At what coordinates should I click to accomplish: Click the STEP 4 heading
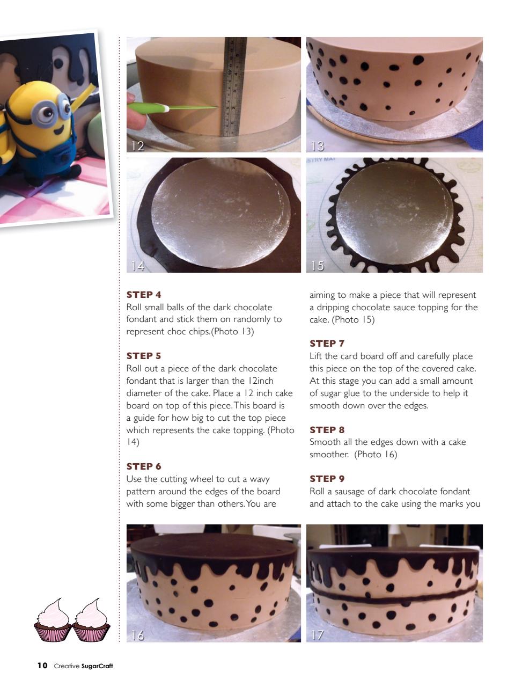[x=144, y=295]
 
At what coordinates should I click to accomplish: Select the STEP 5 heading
[x=144, y=356]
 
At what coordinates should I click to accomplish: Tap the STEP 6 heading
[x=144, y=466]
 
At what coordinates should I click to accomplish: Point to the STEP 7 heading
[x=327, y=343]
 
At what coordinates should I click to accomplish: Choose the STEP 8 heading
[x=327, y=430]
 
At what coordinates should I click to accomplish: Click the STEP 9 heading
[x=327, y=479]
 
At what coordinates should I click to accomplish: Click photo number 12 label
[x=138, y=145]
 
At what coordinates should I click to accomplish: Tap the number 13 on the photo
[x=318, y=145]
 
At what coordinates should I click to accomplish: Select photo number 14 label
[x=138, y=266]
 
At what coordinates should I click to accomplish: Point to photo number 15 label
[x=318, y=266]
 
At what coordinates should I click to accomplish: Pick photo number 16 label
[x=138, y=635]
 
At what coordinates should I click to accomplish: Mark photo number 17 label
[x=318, y=635]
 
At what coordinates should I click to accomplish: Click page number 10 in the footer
[x=42, y=666]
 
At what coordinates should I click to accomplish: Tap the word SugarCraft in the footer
[x=97, y=667]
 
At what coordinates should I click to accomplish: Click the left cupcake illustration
[x=52, y=621]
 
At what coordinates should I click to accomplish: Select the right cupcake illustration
[x=91, y=621]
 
